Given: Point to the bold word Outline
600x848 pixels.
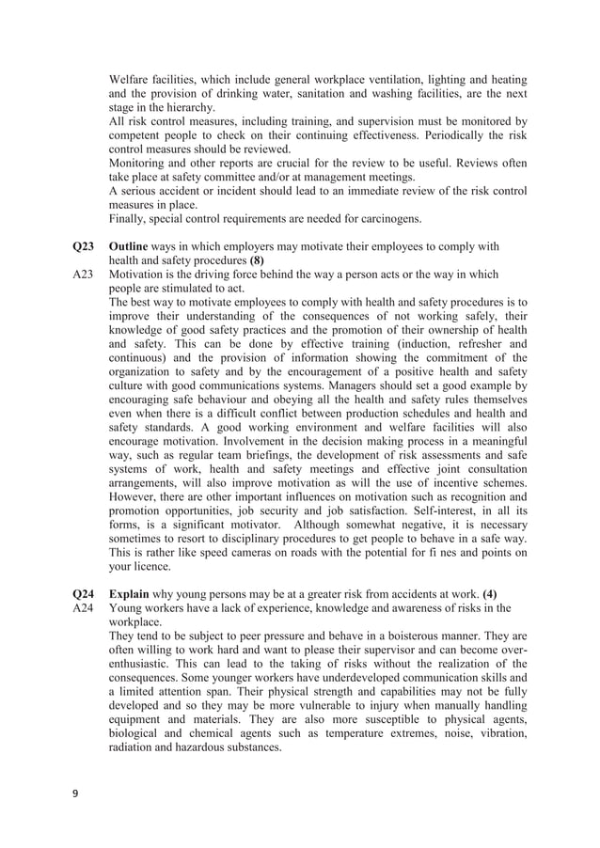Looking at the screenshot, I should (129, 246).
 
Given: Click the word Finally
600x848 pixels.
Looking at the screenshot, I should (130, 219).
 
